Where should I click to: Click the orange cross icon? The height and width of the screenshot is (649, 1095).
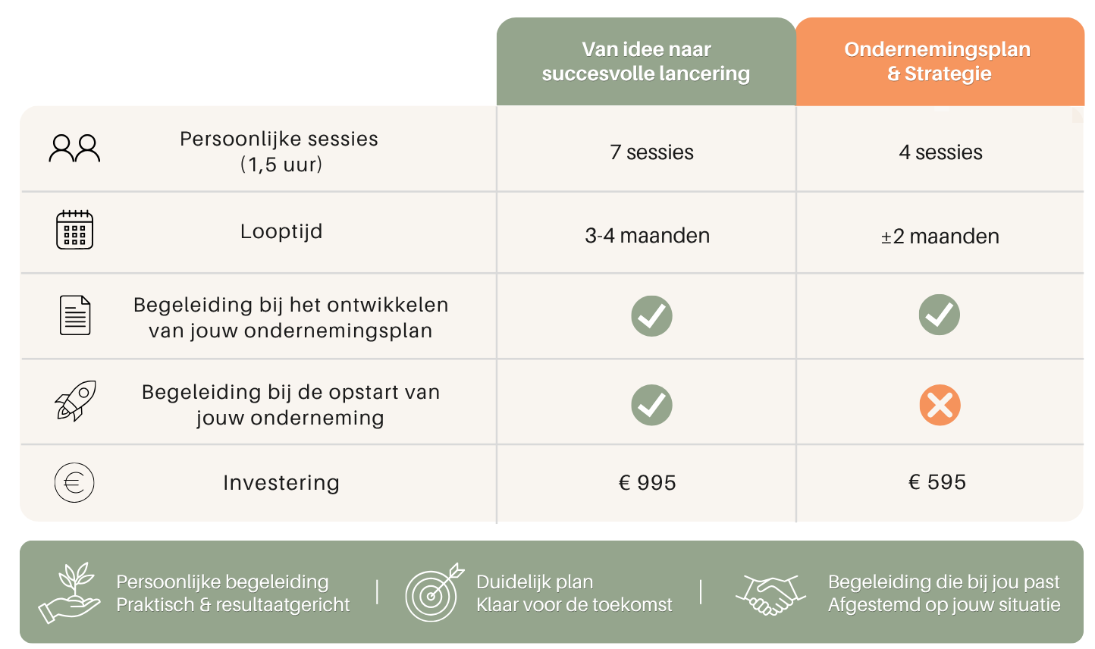pos(940,405)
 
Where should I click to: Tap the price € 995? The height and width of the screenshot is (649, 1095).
pos(648,483)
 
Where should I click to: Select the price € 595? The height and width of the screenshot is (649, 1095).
pos(937,482)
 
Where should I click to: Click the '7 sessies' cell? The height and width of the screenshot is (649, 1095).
pos(651,152)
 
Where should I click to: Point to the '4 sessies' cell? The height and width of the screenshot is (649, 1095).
pos(940,152)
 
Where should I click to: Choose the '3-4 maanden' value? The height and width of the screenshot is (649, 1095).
pos(648,236)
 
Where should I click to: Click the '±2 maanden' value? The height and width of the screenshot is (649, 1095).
pos(940,237)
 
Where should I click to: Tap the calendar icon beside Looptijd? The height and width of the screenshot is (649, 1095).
pos(74,230)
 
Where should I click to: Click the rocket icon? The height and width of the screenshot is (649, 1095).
pos(75,401)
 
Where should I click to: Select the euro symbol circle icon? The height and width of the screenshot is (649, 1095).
pos(74,483)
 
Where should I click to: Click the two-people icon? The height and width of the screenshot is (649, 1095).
pos(74,148)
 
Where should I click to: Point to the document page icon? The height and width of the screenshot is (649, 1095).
pos(75,315)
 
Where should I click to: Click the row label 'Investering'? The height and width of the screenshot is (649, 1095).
pos(281,483)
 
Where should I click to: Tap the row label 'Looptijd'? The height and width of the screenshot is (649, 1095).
pos(281,232)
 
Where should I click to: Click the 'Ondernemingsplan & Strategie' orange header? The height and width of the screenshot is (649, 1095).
pos(940,61)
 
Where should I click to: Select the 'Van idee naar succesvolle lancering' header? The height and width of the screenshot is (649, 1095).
pos(646,61)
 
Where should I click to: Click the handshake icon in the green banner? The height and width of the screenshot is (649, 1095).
pos(770,594)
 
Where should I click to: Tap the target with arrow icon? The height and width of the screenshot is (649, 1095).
pos(434,592)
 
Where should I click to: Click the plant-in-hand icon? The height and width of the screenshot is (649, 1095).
pos(70,592)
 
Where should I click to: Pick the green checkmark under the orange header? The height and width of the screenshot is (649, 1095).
pos(939,315)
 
